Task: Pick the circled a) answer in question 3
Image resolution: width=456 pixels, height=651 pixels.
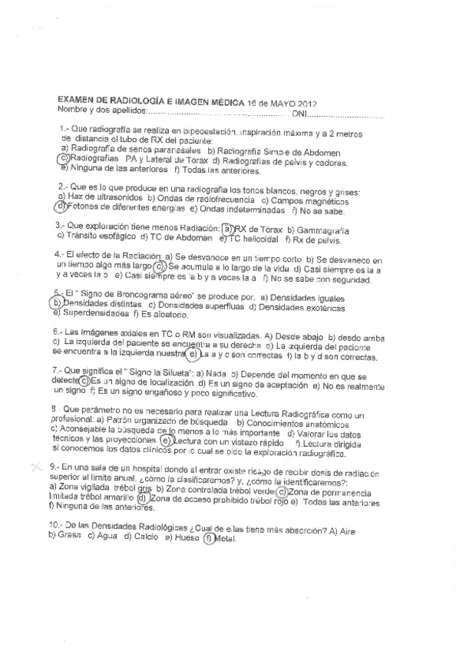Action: pos(227,229)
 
